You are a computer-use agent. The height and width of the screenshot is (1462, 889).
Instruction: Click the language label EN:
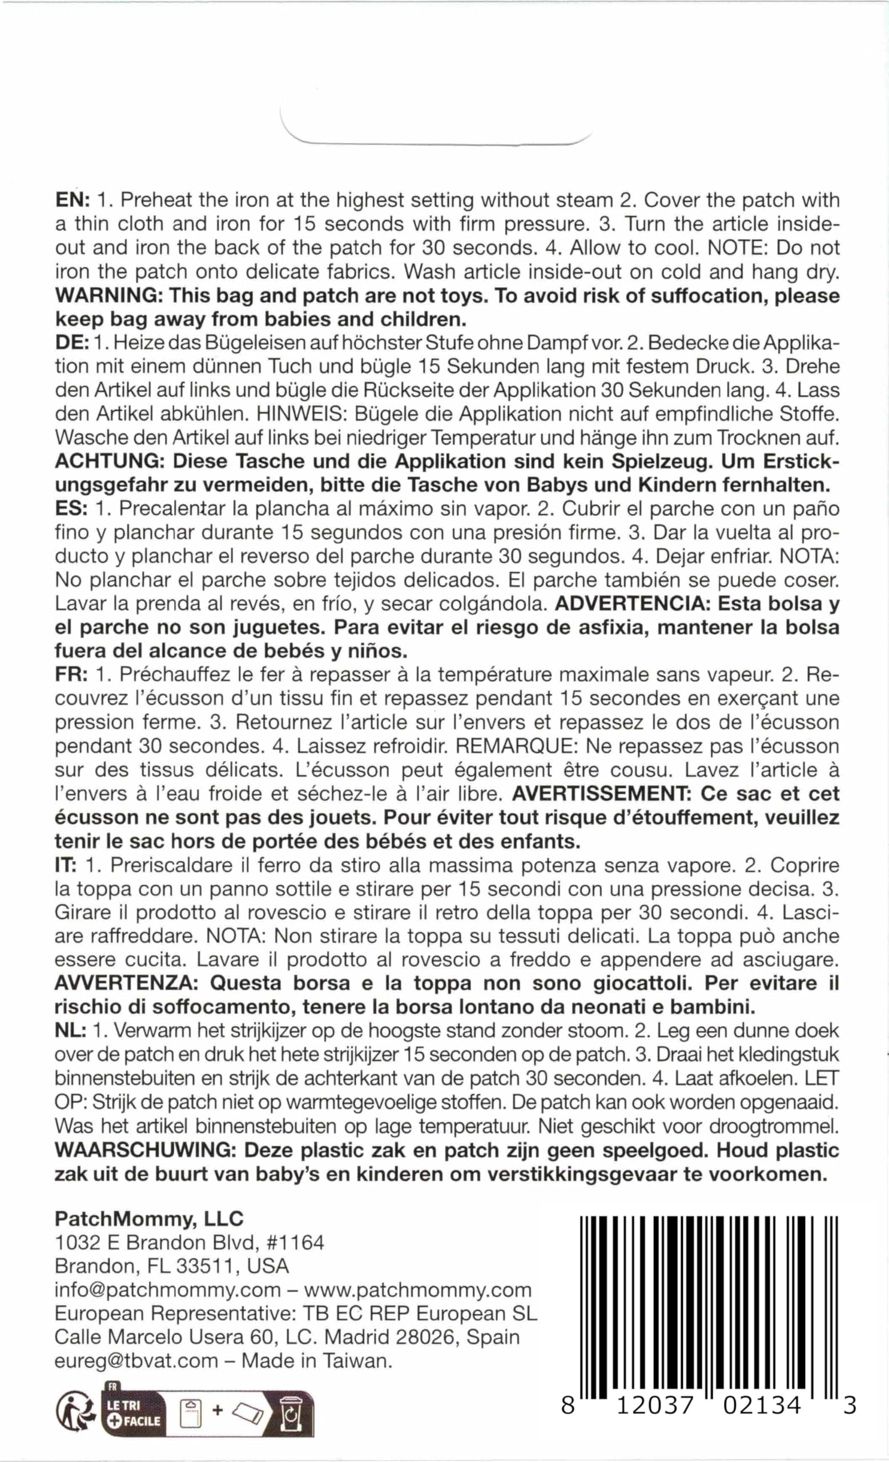[72, 200]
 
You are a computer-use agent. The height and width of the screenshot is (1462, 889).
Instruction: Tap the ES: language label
[71, 509]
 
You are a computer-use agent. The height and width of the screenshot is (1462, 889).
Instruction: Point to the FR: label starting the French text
[71, 674]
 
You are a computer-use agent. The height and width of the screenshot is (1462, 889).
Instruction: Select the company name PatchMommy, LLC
[149, 1219]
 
